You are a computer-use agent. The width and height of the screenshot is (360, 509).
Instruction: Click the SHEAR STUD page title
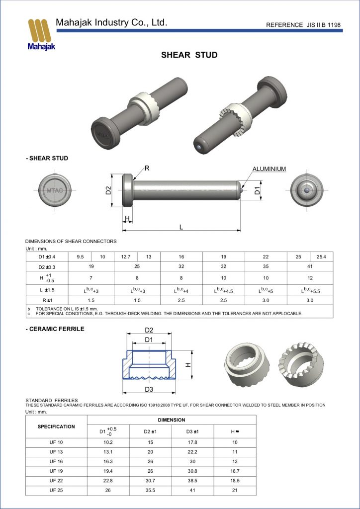point(189,55)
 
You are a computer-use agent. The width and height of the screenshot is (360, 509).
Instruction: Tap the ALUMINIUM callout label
point(269,169)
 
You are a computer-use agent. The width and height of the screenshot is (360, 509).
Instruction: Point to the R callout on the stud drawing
point(147,168)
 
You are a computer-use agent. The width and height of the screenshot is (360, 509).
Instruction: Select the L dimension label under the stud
point(181,227)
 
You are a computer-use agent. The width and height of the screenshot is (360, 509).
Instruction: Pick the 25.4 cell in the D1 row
point(321,256)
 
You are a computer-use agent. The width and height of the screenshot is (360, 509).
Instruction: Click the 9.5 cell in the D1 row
point(81,256)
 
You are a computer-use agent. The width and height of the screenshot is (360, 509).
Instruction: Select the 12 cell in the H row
point(310,278)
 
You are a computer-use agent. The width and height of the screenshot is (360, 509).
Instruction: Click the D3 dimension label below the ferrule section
point(149,389)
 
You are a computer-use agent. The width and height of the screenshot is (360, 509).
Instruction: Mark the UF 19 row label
point(56,470)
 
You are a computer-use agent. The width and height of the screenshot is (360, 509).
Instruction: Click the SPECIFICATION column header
point(56,426)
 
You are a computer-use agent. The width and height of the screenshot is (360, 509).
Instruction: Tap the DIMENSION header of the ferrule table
point(172,420)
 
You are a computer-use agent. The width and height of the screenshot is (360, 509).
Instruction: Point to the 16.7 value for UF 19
point(235,470)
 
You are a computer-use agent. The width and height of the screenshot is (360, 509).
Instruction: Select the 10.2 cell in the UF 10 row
point(108,442)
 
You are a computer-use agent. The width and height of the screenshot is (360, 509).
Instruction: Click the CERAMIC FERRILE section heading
point(55,329)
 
